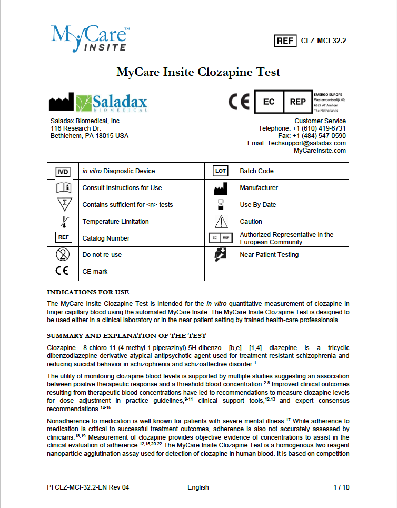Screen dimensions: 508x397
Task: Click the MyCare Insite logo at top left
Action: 90,39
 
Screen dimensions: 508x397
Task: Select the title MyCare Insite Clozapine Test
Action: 198,72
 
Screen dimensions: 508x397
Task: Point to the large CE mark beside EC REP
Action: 239,101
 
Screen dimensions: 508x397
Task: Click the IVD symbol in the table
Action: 63,171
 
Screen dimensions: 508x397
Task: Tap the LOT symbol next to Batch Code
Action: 220,171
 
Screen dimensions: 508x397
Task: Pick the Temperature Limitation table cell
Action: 116,222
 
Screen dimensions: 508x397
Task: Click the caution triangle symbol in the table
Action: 220,222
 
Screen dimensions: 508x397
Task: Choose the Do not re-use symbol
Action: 63,255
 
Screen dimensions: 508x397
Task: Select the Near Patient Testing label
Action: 269,255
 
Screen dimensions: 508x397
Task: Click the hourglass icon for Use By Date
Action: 220,204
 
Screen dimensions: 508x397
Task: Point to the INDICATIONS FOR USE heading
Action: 88,292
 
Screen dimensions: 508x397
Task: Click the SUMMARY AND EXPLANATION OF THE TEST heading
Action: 126,336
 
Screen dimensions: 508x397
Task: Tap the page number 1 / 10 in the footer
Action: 341,487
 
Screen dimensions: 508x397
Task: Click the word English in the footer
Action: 198,487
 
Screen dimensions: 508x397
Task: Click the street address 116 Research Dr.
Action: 76,128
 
